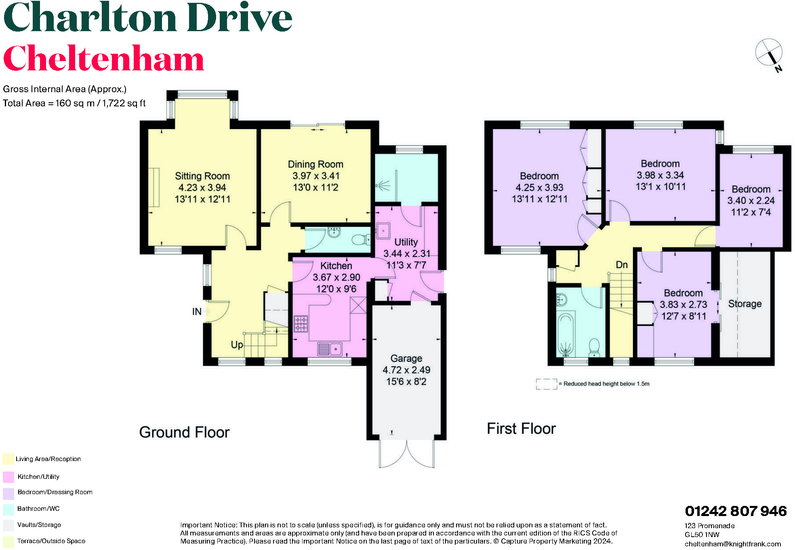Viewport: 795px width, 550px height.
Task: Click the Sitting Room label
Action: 202,176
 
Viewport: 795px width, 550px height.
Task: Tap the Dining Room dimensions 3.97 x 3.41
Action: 316,176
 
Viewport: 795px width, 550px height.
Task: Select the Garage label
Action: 406,358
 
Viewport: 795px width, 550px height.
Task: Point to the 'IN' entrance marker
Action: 197,311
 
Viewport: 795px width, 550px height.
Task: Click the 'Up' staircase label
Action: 237,345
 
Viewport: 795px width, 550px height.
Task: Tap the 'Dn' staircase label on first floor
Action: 622,265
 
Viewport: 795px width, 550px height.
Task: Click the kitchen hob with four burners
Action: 301,324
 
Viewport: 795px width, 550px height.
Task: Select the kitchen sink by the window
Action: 330,349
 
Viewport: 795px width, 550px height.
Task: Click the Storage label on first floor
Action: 745,304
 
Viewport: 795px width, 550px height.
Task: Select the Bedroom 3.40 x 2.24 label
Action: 751,189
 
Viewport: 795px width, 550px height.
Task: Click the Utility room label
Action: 406,242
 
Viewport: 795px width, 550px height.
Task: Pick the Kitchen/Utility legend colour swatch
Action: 8,477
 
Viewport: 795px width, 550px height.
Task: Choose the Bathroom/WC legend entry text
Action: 38,509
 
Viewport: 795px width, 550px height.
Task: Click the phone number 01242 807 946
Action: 736,511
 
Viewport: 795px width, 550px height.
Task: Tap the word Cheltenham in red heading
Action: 103,59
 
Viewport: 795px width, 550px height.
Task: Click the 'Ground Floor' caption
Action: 184,432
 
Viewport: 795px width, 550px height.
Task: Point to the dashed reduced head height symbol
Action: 546,384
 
